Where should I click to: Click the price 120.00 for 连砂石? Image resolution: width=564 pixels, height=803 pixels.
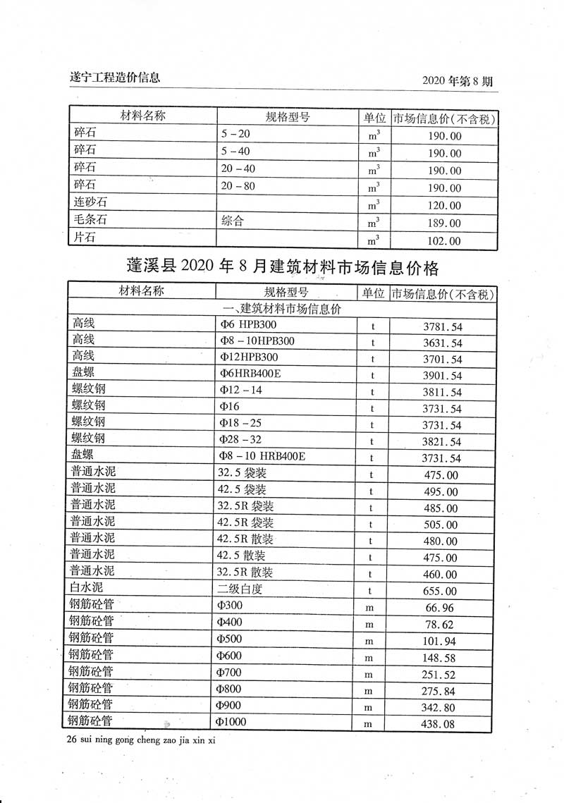click(x=445, y=206)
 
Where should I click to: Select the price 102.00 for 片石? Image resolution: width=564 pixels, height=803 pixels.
click(x=445, y=241)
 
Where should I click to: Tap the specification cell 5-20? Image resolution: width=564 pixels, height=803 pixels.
click(x=235, y=134)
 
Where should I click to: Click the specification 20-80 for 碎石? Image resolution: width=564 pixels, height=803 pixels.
click(x=238, y=187)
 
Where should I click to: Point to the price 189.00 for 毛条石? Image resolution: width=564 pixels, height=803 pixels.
click(x=445, y=223)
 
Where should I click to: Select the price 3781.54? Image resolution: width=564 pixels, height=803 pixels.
click(x=442, y=327)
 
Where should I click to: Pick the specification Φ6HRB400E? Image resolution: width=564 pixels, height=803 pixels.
click(x=250, y=374)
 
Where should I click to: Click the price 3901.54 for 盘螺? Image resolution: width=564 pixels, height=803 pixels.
click(x=442, y=376)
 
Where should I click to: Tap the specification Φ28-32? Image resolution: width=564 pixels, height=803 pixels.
click(x=240, y=439)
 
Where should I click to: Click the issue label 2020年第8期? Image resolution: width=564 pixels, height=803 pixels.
click(x=457, y=81)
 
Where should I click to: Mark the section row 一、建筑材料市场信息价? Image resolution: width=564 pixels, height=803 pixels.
click(x=282, y=309)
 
